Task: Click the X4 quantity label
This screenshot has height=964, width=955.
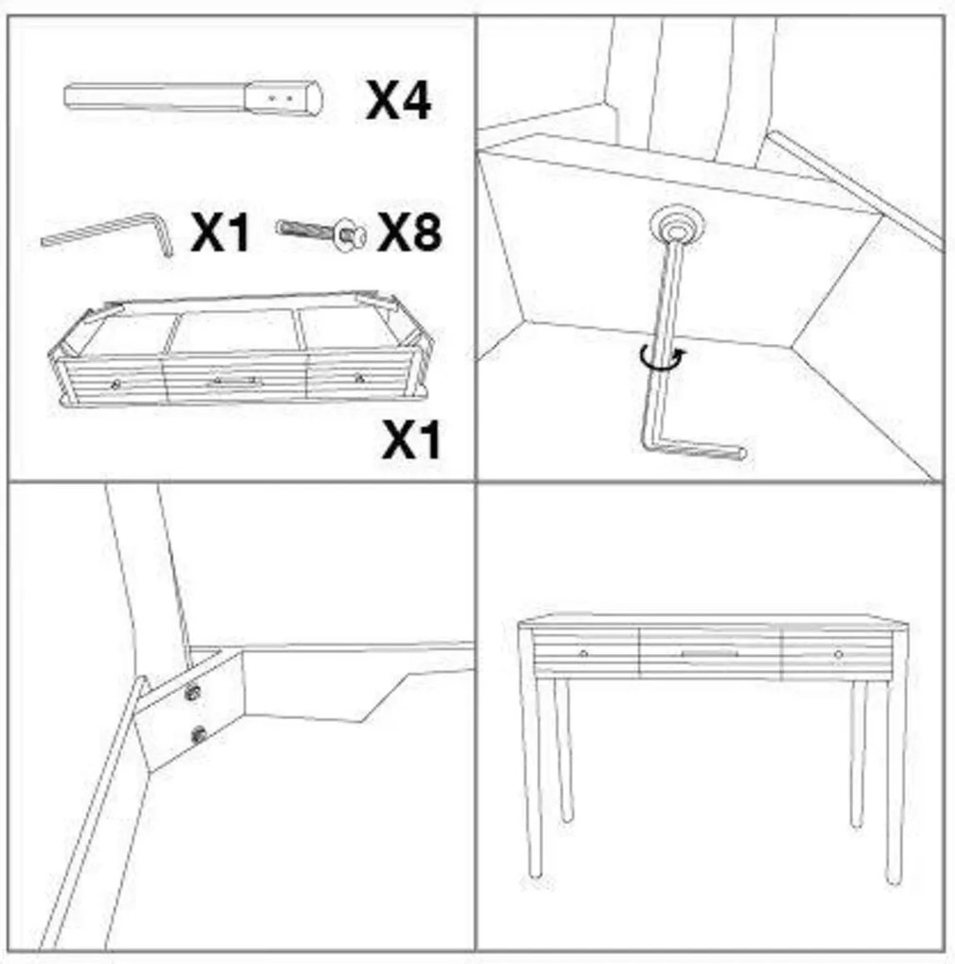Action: click(398, 100)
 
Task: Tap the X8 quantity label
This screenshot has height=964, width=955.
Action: click(409, 232)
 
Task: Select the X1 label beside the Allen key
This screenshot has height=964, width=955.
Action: click(220, 232)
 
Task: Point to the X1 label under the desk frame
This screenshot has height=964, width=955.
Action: click(411, 439)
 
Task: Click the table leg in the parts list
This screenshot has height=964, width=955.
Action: click(193, 97)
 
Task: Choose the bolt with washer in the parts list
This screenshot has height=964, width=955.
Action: click(321, 233)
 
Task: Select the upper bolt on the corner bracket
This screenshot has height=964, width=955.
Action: click(193, 693)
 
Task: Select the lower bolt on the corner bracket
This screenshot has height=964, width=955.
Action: click(198, 734)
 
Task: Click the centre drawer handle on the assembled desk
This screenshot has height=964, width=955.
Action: click(710, 653)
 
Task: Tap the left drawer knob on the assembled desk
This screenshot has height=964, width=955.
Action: click(583, 653)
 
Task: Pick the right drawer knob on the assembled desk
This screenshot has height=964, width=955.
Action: click(838, 654)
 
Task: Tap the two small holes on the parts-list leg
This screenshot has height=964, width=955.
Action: click(281, 97)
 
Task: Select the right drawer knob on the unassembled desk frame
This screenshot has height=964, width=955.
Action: click(359, 378)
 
